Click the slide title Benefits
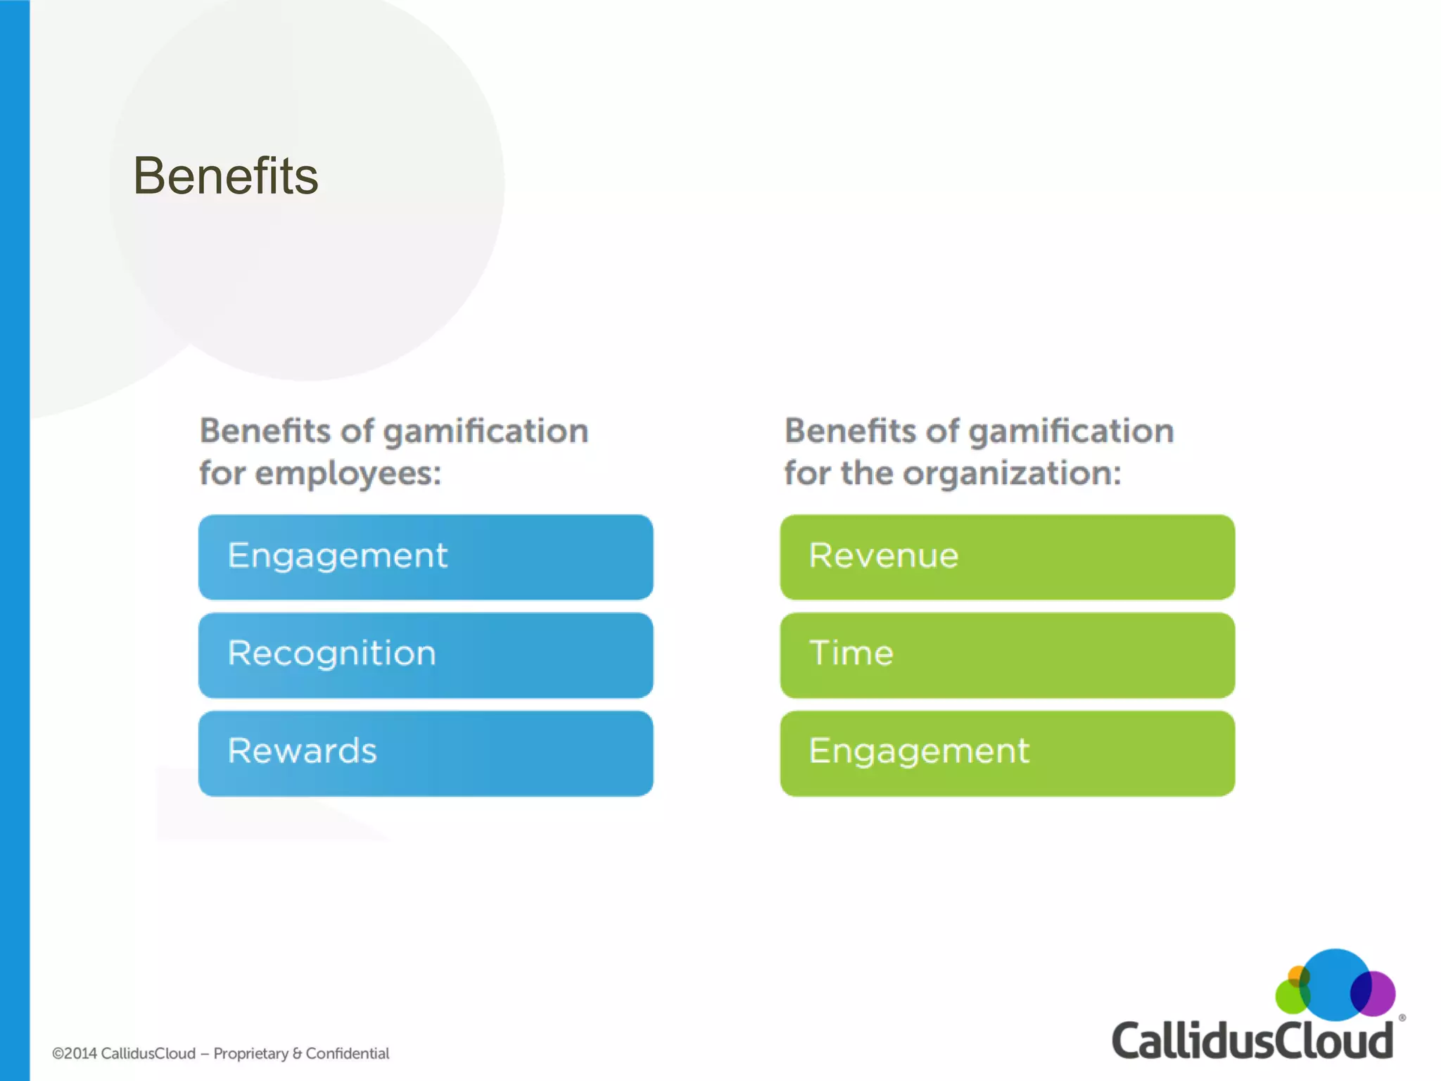226,176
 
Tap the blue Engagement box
425,557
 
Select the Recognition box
425,655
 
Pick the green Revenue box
1007,557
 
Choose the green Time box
1007,655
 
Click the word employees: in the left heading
348,473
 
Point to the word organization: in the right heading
1012,473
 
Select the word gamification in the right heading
1071,431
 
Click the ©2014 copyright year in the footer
75,1054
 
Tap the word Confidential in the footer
348,1054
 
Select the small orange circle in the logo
1295,975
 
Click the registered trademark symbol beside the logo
1402,1018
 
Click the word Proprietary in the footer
251,1054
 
